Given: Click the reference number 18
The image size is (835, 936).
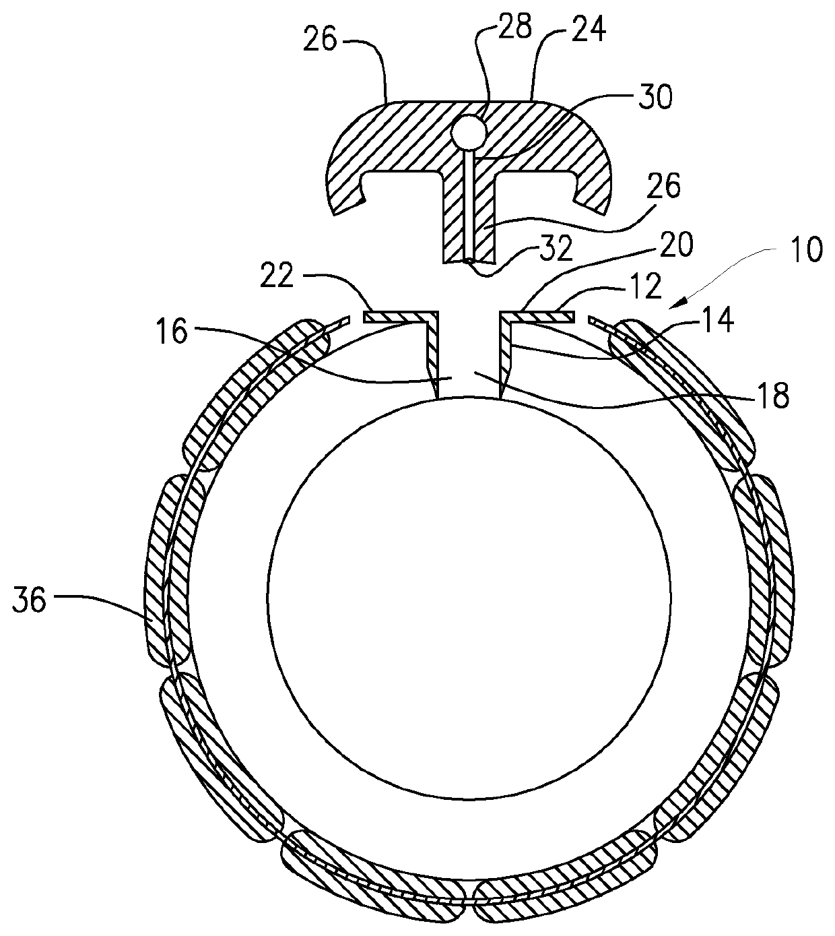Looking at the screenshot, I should click(x=773, y=396).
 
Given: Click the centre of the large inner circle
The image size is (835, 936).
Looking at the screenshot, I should click(x=469, y=597).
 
